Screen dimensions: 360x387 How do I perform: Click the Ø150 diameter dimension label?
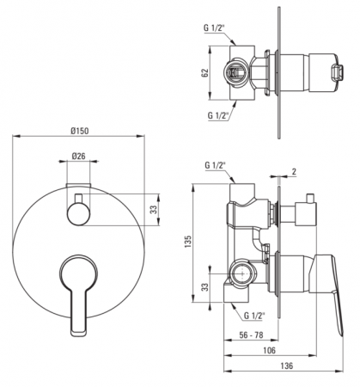click(x=80, y=131)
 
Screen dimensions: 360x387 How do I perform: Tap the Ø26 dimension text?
click(x=78, y=156)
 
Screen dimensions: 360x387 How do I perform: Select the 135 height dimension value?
click(x=188, y=243)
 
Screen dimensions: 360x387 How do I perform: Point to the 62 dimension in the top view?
click(x=204, y=73)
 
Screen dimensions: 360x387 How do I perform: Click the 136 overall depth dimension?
click(x=287, y=365)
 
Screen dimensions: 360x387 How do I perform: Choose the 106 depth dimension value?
click(x=269, y=350)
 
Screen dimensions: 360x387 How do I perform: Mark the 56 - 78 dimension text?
click(x=251, y=335)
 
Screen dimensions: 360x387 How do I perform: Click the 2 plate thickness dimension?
click(x=294, y=171)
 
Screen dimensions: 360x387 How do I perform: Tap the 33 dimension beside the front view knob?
click(x=155, y=210)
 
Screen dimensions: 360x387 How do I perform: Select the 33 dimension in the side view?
click(x=204, y=287)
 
